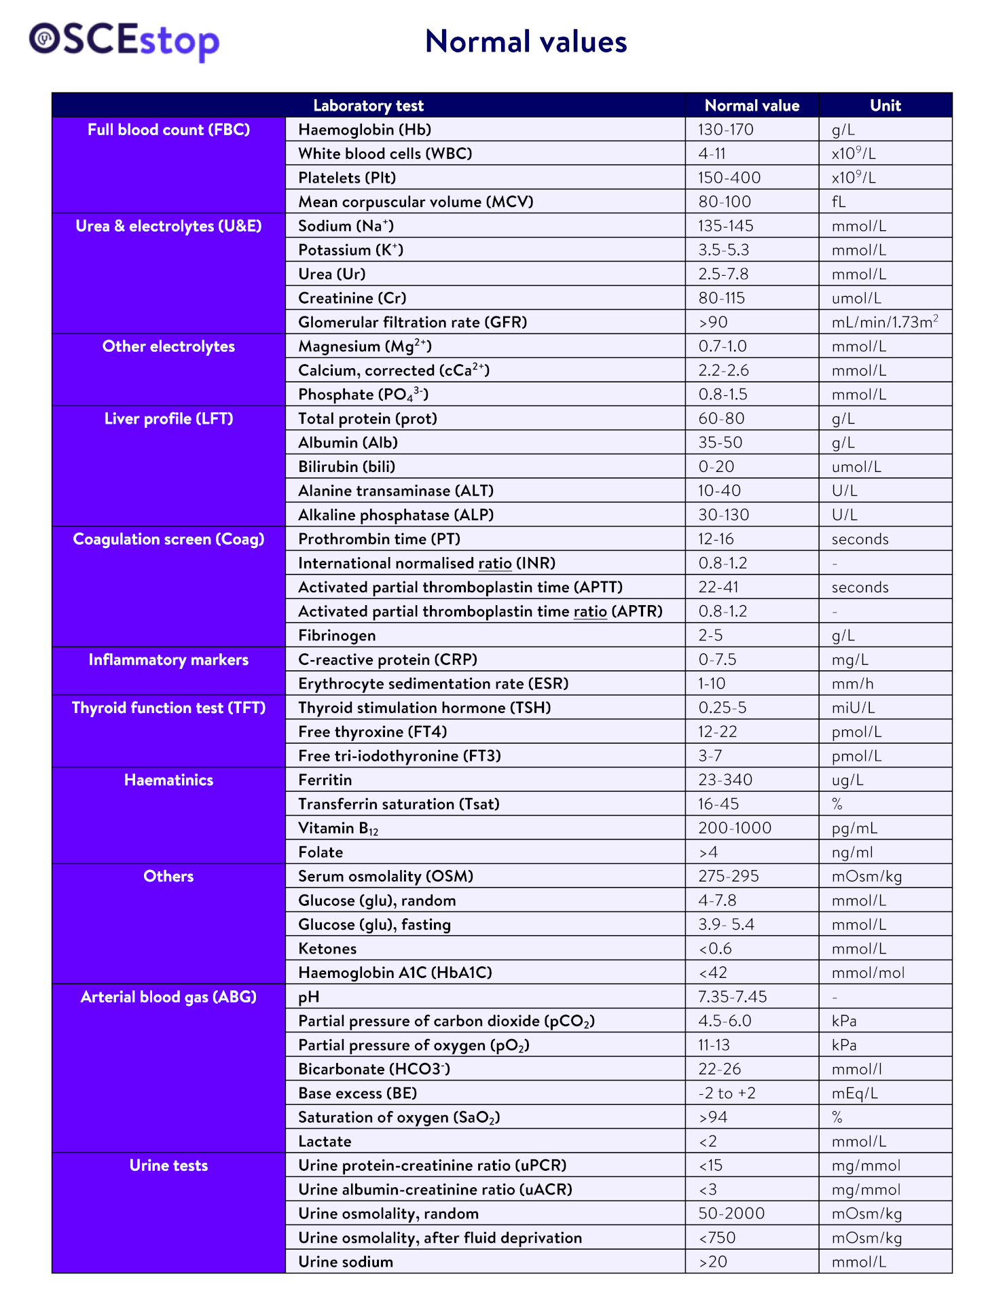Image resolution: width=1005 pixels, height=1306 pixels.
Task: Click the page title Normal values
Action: point(526,42)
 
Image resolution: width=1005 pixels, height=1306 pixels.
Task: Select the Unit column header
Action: point(885,105)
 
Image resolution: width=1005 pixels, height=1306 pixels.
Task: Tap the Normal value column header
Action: point(752,105)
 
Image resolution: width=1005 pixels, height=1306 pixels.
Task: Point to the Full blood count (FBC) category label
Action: point(168,130)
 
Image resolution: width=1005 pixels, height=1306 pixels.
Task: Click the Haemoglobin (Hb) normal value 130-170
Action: point(726,130)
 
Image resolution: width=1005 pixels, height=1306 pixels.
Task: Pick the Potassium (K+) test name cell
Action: point(350,250)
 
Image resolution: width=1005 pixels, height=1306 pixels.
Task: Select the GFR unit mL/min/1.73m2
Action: point(884,322)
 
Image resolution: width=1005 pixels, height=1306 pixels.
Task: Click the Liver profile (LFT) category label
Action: point(168,418)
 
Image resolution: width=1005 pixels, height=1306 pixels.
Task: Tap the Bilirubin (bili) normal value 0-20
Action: point(716,467)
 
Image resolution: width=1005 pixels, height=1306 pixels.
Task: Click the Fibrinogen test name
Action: point(337,635)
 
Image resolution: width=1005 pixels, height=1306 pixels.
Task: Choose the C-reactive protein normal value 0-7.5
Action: point(717,659)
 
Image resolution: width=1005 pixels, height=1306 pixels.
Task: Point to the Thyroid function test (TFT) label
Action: point(168,708)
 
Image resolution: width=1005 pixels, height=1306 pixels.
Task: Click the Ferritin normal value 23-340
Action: point(725,780)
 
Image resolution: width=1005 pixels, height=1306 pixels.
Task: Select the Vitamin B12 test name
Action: point(338,829)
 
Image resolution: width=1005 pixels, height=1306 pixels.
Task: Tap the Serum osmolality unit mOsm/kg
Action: point(866,876)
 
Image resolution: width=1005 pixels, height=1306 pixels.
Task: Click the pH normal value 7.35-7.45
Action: point(732,996)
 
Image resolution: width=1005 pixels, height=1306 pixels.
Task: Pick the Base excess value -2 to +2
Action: point(727,1093)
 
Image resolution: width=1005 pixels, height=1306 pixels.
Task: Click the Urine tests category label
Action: point(168,1165)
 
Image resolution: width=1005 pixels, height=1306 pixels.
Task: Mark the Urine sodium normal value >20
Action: point(712,1262)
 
